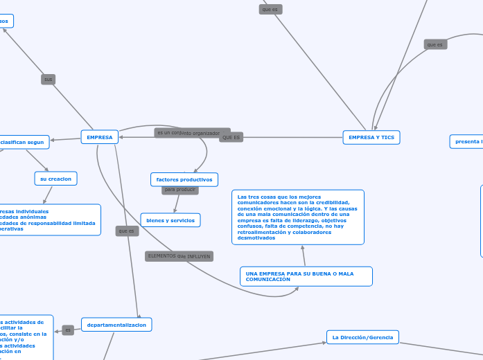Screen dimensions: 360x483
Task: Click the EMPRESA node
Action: pyautogui.click(x=99, y=137)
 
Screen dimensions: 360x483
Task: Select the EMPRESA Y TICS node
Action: pyautogui.click(x=371, y=137)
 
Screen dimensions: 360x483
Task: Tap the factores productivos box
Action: pyautogui.click(x=184, y=179)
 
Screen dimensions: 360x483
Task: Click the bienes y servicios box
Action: pyautogui.click(x=170, y=219)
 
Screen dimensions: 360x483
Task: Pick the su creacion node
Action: pyautogui.click(x=55, y=179)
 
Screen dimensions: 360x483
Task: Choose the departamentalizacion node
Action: pyautogui.click(x=116, y=324)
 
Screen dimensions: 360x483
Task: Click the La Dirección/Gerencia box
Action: pyautogui.click(x=362, y=337)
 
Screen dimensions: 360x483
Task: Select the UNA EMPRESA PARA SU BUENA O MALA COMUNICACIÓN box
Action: pyautogui.click(x=306, y=276)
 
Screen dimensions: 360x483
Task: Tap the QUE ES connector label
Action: pyautogui.click(x=231, y=137)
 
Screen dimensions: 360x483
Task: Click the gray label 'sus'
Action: pyautogui.click(x=48, y=79)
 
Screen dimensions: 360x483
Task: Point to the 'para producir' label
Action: pyautogui.click(x=180, y=189)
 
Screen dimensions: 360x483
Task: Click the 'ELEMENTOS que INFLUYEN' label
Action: pyautogui.click(x=179, y=256)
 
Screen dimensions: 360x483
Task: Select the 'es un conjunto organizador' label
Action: pyautogui.click(x=192, y=132)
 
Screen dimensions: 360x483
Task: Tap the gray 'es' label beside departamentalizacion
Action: pyautogui.click(x=68, y=330)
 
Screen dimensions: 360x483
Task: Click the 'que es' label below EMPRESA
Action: pyautogui.click(x=127, y=231)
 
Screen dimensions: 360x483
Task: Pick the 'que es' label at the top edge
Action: pyautogui.click(x=270, y=9)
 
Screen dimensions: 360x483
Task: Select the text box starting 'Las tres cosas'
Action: pyautogui.click(x=297, y=217)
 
